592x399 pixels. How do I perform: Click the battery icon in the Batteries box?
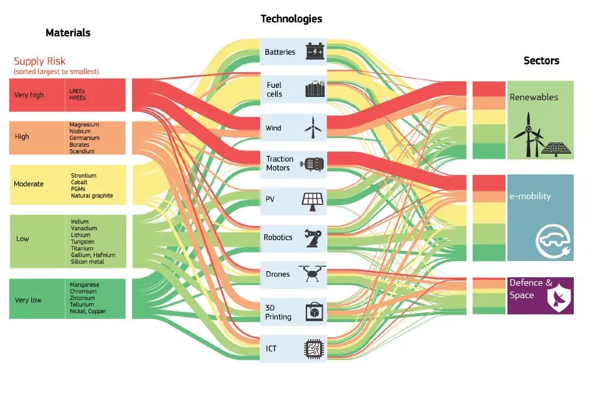[x=315, y=51]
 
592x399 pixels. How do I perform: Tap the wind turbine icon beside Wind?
[x=314, y=128]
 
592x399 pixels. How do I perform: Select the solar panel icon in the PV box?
[x=314, y=200]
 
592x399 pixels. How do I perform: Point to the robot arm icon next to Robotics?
[x=314, y=238]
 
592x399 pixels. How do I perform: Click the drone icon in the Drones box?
[x=312, y=274]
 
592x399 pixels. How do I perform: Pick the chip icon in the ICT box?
[x=314, y=350]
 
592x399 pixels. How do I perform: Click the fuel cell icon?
[x=314, y=89]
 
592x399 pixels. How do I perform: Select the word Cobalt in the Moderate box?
[x=79, y=182]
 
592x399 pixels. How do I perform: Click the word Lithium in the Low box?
[x=80, y=235]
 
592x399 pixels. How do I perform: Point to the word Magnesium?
[x=84, y=124]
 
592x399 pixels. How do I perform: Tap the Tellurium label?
[x=81, y=305]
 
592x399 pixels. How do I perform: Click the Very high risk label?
[x=29, y=95]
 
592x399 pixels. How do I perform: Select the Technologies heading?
[x=291, y=19]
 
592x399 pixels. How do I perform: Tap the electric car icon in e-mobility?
[x=551, y=241]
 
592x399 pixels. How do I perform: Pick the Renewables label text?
[x=533, y=97]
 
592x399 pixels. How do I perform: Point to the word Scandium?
[x=82, y=151]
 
